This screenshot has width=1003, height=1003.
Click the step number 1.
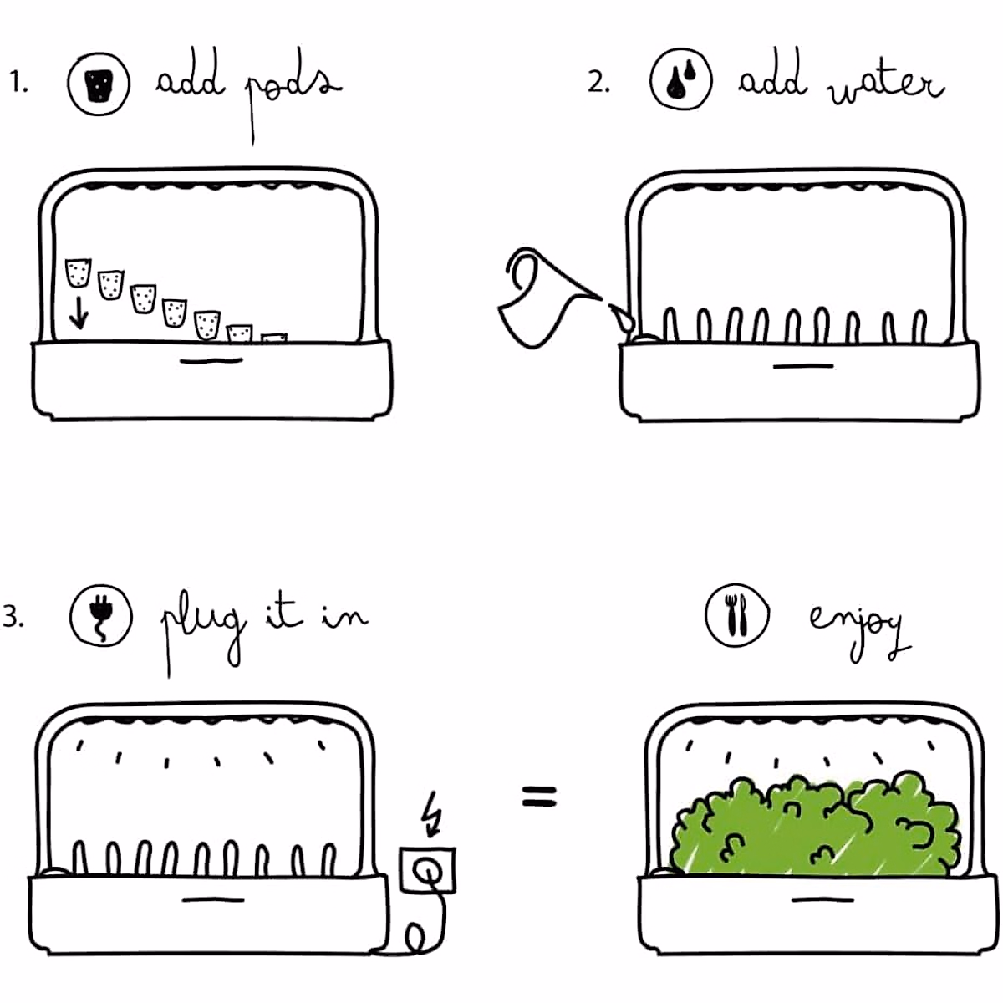pyautogui.click(x=18, y=83)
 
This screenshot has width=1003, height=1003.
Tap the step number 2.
pyautogui.click(x=598, y=83)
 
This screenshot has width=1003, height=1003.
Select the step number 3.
pyautogui.click(x=13, y=618)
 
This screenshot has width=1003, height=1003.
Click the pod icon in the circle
pyautogui.click(x=99, y=83)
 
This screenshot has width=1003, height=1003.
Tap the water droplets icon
pyautogui.click(x=680, y=79)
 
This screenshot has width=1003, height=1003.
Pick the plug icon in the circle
pyautogui.click(x=101, y=615)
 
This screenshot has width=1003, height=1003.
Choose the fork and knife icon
pyautogui.click(x=736, y=616)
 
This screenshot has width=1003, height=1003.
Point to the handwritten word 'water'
pyautogui.click(x=886, y=84)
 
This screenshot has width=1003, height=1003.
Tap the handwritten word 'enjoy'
pyautogui.click(x=857, y=627)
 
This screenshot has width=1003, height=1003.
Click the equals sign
pyautogui.click(x=538, y=796)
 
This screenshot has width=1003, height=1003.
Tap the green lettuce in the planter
pyautogui.click(x=815, y=827)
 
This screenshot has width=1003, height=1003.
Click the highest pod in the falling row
pyautogui.click(x=78, y=273)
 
